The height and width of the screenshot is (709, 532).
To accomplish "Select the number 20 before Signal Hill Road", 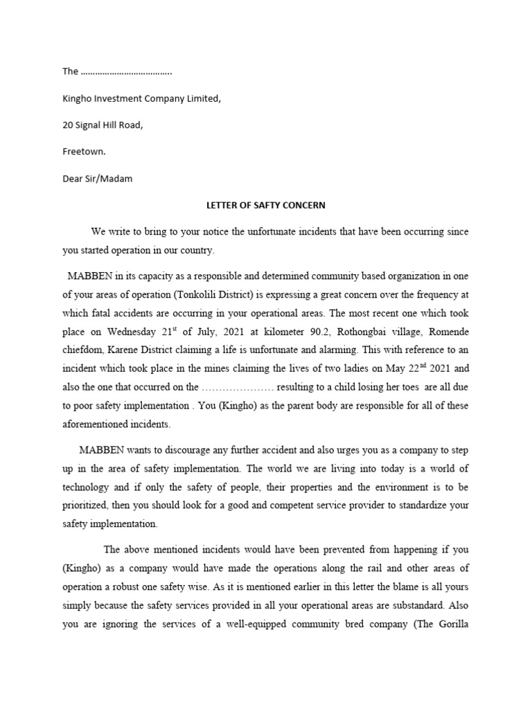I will (68, 125).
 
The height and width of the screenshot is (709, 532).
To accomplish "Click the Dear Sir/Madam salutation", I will (97, 179).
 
